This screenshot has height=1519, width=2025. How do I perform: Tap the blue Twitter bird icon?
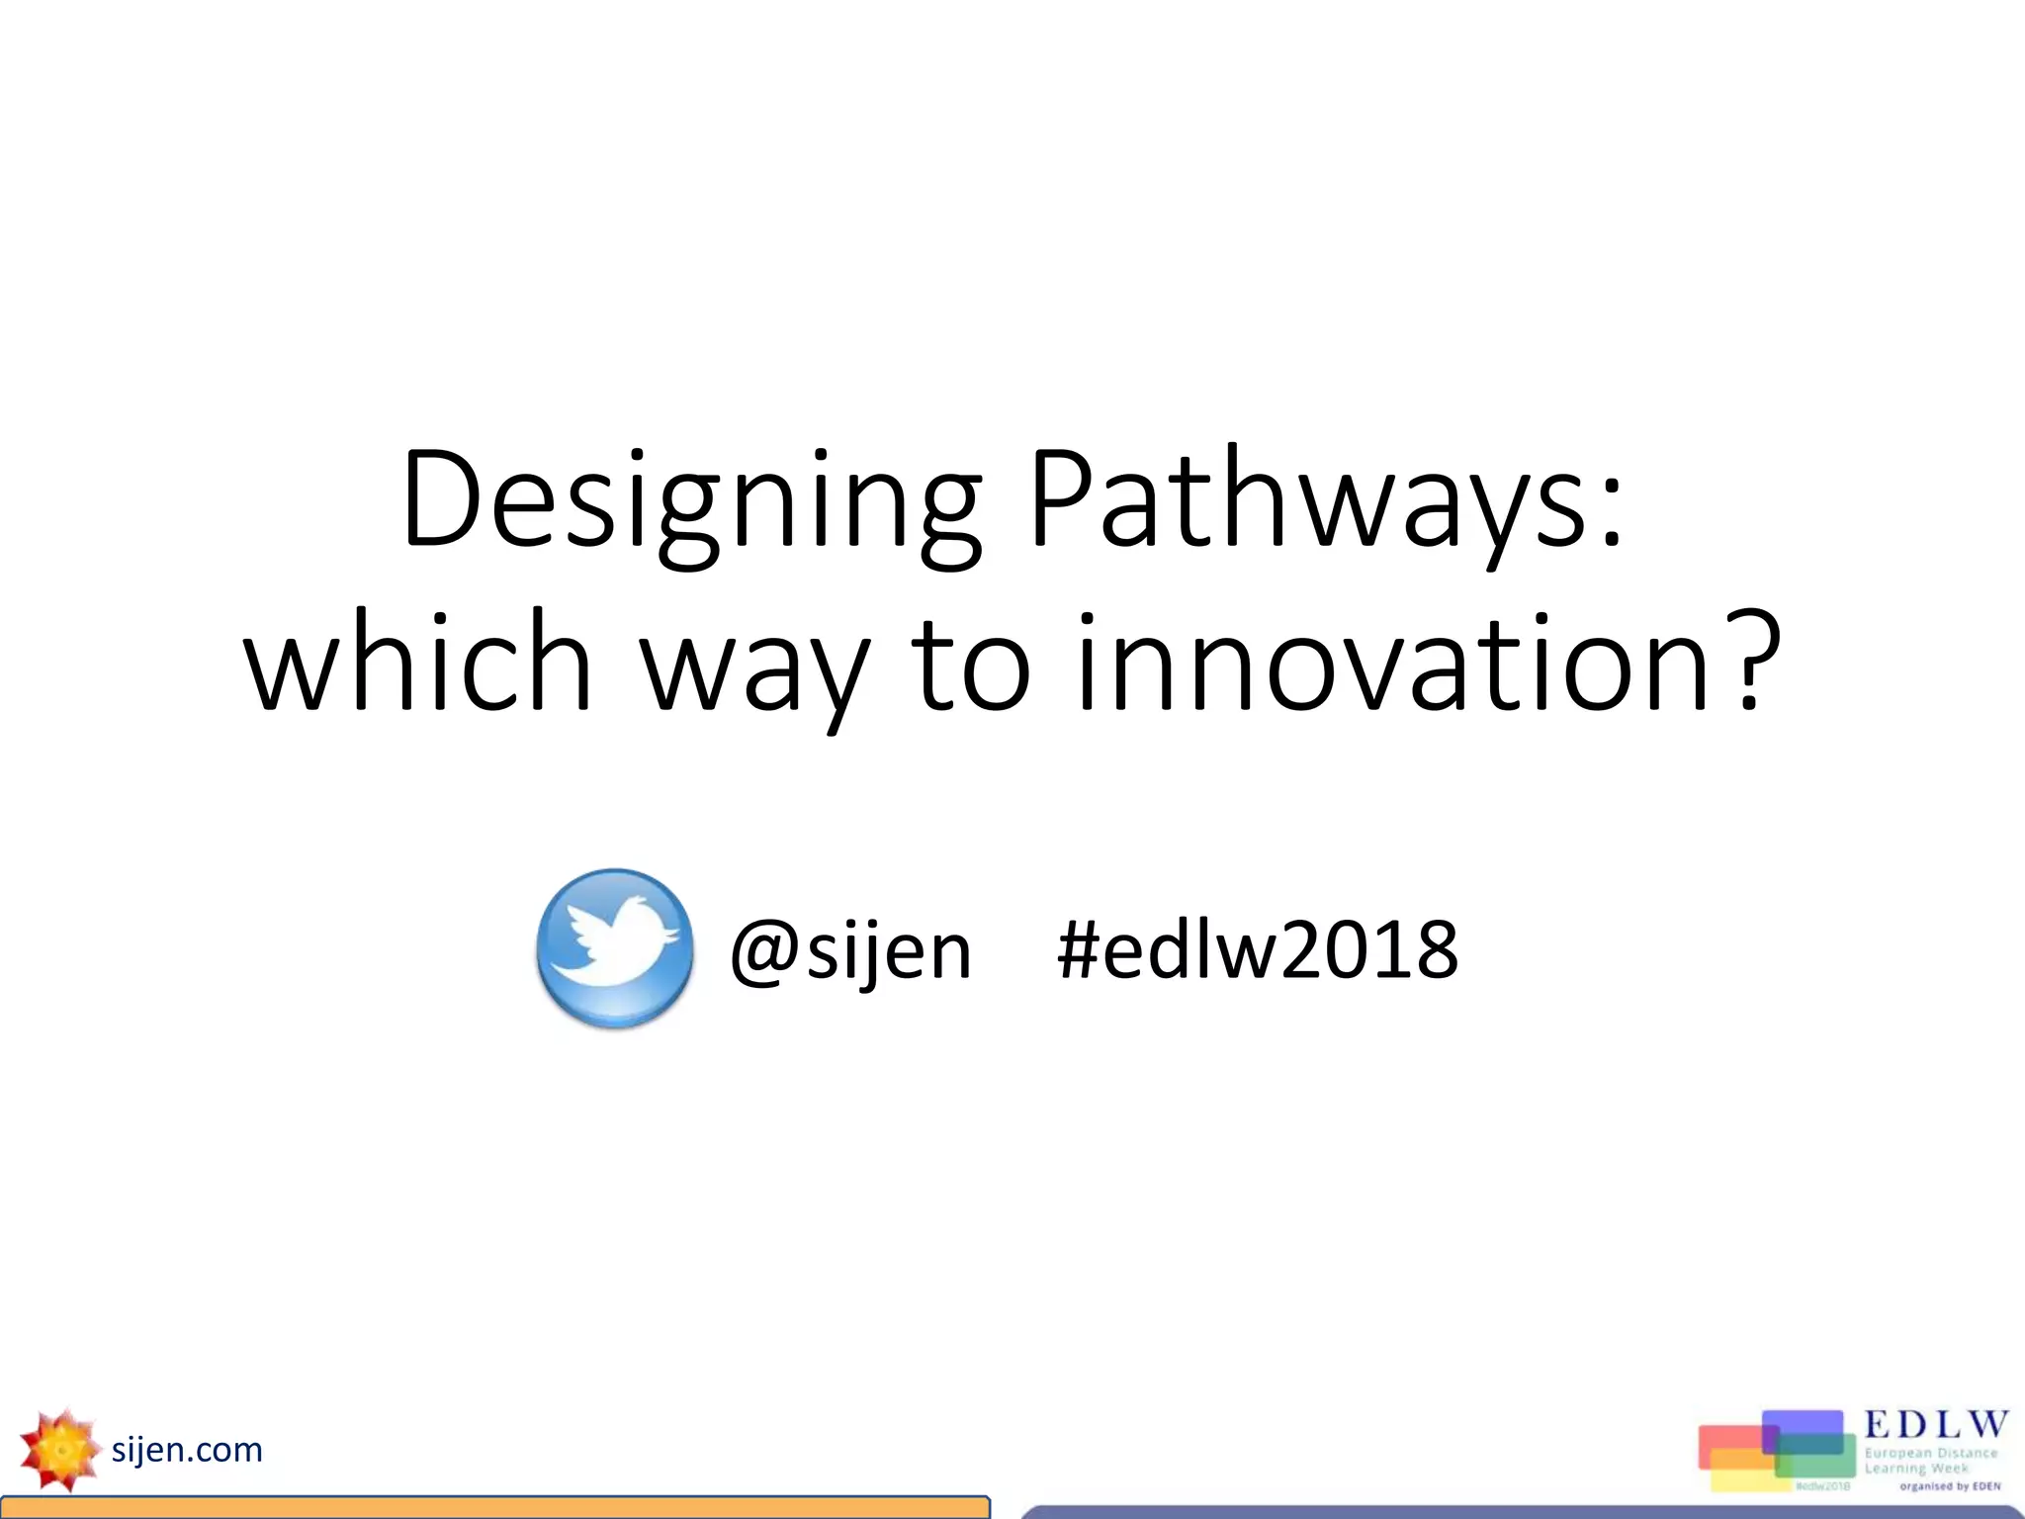[614, 948]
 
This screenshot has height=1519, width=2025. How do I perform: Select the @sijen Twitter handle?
[850, 950]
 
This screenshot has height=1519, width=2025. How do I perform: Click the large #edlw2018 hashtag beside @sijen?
[1257, 950]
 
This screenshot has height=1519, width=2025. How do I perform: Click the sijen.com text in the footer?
[187, 1450]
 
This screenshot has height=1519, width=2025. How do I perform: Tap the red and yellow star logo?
[59, 1450]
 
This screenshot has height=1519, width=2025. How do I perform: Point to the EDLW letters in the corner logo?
[1935, 1425]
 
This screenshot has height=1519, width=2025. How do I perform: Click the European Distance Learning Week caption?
[1930, 1461]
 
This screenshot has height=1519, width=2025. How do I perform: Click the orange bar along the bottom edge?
[494, 1508]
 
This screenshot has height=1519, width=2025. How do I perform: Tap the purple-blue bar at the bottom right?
[1523, 1512]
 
